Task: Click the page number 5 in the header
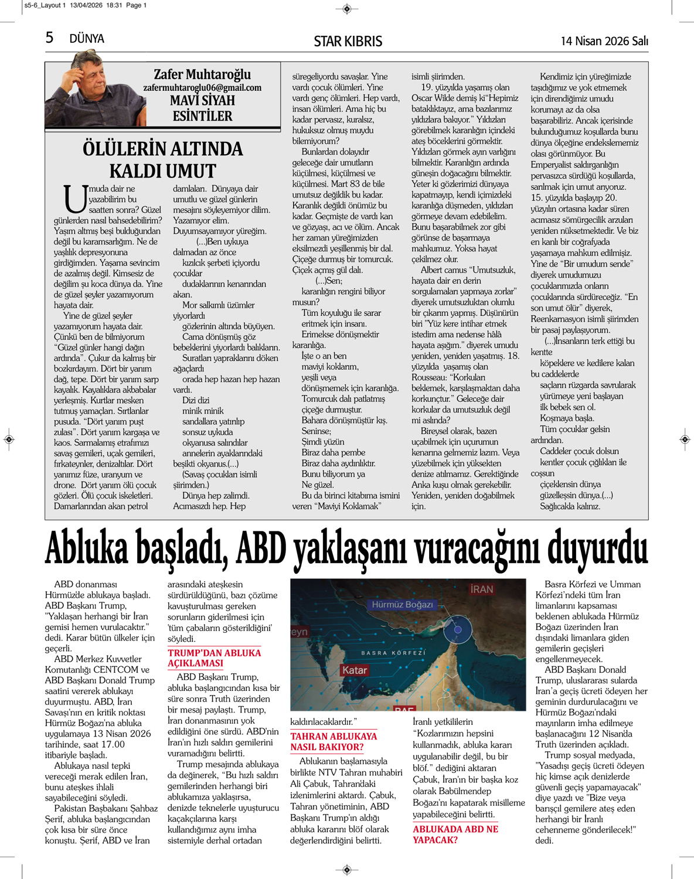point(49,38)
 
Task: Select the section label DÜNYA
point(87,39)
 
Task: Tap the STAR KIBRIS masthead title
point(348,41)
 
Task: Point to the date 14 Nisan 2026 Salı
point(604,40)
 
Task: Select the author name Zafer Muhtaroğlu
point(202,74)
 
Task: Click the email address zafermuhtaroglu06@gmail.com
point(202,87)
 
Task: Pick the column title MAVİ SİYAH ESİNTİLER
point(202,108)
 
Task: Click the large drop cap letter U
point(75,199)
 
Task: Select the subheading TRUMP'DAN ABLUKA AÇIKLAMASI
point(214,658)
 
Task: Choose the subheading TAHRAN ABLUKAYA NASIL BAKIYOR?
point(334,741)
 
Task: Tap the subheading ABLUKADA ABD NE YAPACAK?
point(455,834)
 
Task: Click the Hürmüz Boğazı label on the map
point(402,604)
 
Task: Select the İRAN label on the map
point(481,589)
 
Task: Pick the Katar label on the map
point(354,670)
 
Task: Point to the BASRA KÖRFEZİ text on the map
point(393,652)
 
